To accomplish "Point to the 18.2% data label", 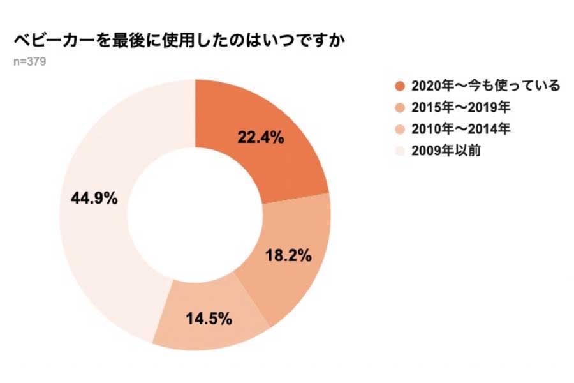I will pyautogui.click(x=288, y=256).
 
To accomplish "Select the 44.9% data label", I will pyautogui.click(x=94, y=198).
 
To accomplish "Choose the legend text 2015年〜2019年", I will pyautogui.click(x=461, y=107).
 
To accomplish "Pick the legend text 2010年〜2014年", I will pyautogui.click(x=461, y=129).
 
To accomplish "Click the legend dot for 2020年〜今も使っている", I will pyautogui.click(x=400, y=86).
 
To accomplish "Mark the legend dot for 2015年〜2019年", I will pyautogui.click(x=400, y=108).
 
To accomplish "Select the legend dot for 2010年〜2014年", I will pyautogui.click(x=400, y=130).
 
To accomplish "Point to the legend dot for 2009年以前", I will pyautogui.click(x=400, y=151).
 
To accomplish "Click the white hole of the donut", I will pyautogui.click(x=195, y=215).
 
